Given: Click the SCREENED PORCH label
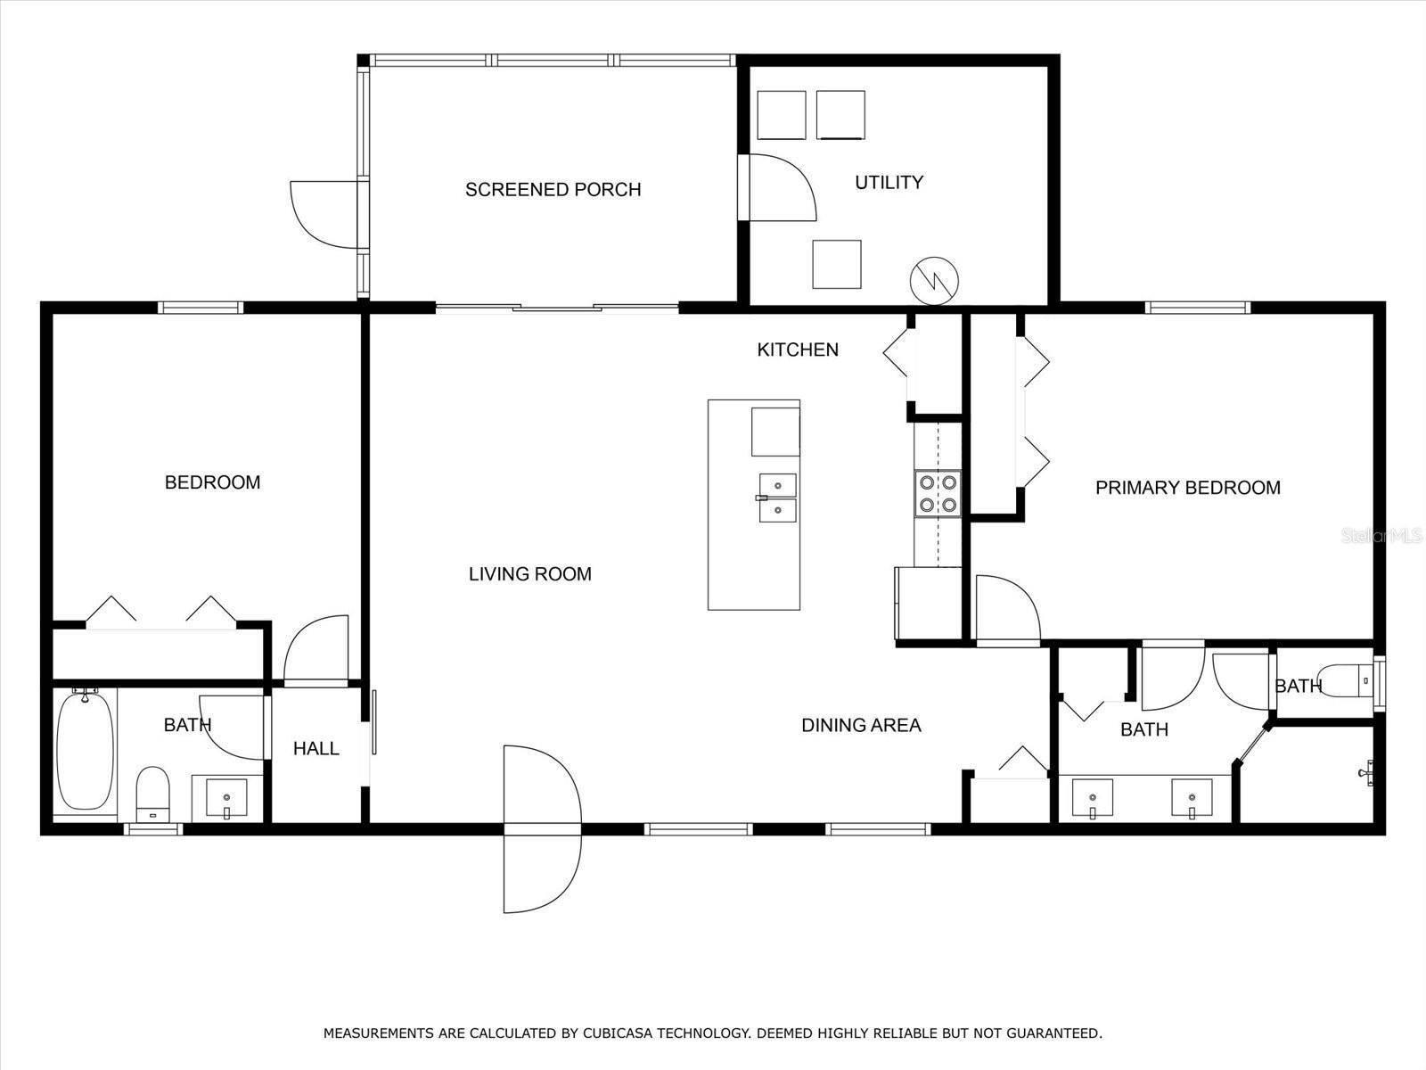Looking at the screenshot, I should (553, 189).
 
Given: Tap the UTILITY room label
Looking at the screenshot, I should (889, 182).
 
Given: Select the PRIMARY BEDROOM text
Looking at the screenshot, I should (1187, 488).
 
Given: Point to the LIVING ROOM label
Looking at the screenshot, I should (529, 574).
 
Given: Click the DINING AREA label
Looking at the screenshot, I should (860, 726).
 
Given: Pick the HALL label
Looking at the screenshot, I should (316, 748).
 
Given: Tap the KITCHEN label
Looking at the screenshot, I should (798, 350).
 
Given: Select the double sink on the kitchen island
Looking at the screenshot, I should (777, 498).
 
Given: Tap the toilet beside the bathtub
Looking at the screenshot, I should (153, 793).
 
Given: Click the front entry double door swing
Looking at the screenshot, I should (542, 829).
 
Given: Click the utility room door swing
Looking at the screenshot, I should (777, 187).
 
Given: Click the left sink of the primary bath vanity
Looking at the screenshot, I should (1092, 797).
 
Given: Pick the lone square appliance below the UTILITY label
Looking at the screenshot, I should (837, 264).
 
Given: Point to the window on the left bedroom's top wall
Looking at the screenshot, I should (201, 308).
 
